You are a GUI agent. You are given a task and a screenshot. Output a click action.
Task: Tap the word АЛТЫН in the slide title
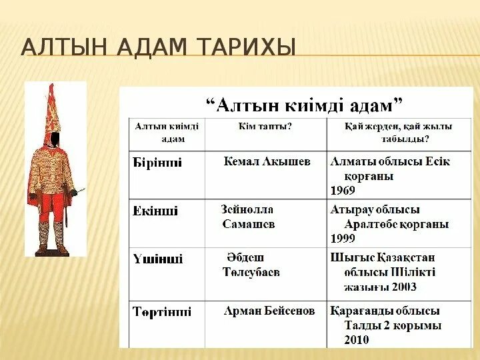(x=58, y=49)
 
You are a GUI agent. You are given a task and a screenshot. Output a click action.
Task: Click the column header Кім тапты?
(x=265, y=126)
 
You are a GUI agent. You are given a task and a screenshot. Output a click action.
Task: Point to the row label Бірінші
(x=158, y=163)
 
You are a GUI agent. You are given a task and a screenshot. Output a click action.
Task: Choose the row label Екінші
(x=156, y=211)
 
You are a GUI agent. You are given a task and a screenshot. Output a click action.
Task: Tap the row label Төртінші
(x=162, y=311)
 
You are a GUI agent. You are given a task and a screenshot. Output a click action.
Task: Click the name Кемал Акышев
(x=267, y=162)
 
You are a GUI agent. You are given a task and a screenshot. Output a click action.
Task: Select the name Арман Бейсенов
(x=269, y=311)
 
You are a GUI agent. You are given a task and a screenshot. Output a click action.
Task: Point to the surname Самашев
(x=249, y=224)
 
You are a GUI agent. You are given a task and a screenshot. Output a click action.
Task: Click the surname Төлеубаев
(x=251, y=272)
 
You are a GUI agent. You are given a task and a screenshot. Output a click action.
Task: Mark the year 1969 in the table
(x=343, y=190)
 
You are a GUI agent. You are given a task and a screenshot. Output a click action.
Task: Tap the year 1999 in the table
(x=343, y=238)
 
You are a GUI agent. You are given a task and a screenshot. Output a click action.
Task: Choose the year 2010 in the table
(x=357, y=339)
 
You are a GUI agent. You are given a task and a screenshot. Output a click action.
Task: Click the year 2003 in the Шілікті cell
(x=404, y=287)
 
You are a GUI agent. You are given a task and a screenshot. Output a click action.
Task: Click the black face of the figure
(x=56, y=139)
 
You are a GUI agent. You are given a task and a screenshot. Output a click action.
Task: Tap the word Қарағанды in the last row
(x=360, y=311)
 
